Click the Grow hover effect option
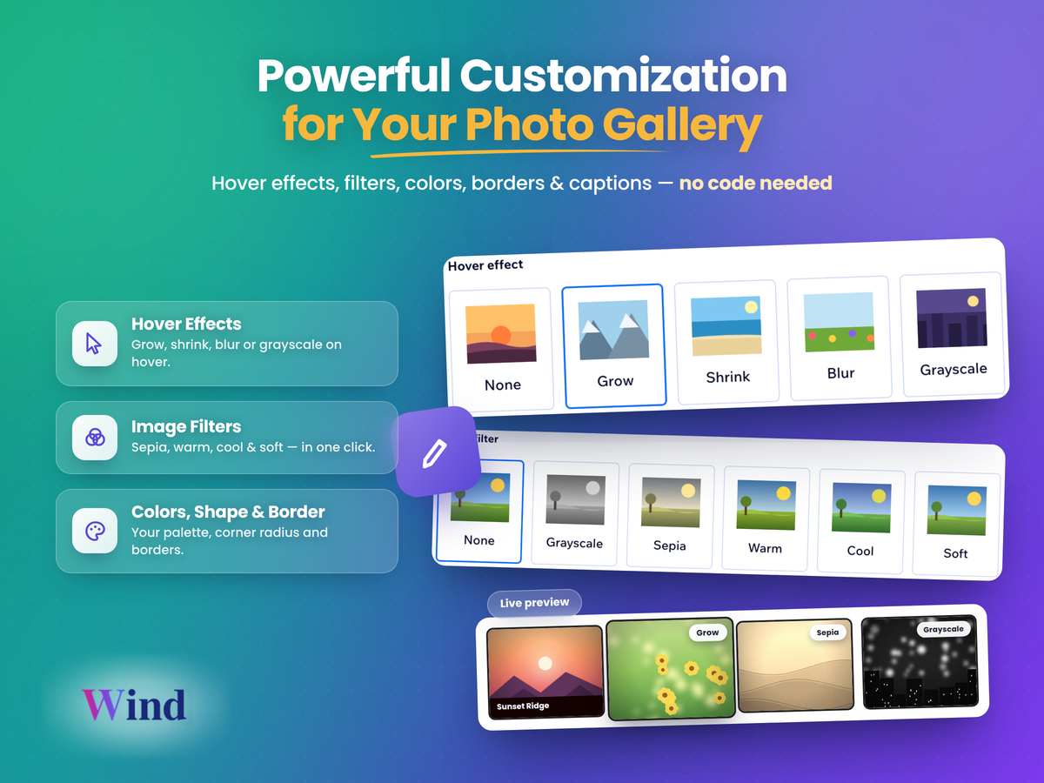click(614, 345)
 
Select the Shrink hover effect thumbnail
click(726, 325)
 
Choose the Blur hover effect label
click(840, 373)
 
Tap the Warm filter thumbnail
click(766, 505)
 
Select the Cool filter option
click(861, 521)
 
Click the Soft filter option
click(956, 524)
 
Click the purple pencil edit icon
click(435, 453)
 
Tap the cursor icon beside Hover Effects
click(94, 344)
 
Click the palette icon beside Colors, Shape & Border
click(95, 531)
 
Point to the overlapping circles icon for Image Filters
click(95, 438)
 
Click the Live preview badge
click(534, 603)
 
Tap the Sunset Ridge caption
click(523, 706)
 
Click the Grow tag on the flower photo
click(707, 632)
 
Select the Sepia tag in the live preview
click(827, 632)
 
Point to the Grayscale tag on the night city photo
click(943, 629)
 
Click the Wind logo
click(134, 705)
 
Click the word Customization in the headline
click(623, 76)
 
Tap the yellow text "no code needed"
click(755, 183)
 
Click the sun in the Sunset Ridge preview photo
click(545, 663)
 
